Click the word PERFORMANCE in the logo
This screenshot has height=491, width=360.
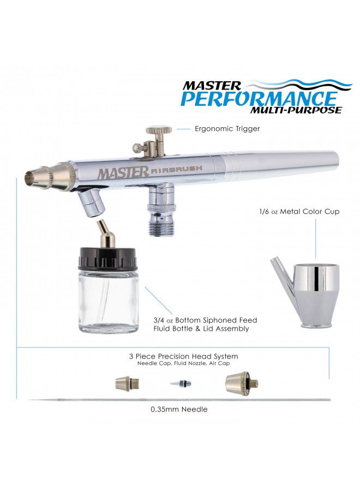pos(259,99)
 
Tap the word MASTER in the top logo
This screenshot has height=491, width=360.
pos(212,86)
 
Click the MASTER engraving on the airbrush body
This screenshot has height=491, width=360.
pos(123,172)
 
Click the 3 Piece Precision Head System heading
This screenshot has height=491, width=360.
pos(183,356)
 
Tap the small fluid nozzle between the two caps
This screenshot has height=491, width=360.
pos(180,384)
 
